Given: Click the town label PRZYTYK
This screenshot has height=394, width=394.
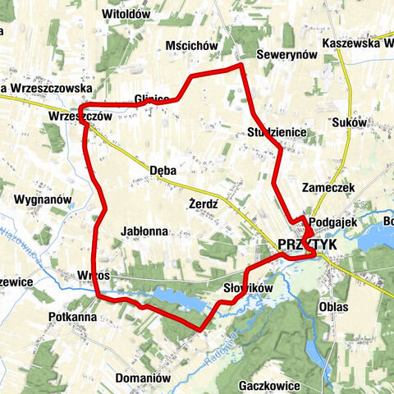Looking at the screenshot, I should click(308, 245).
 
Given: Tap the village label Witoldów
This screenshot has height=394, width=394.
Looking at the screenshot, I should click(125, 14).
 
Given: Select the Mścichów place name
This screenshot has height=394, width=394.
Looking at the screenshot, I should click(191, 46).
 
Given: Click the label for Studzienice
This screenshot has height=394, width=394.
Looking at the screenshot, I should click(277, 131).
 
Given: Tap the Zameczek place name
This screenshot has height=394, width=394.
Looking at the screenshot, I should click(328, 187).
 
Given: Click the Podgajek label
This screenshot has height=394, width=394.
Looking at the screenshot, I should click(336, 221).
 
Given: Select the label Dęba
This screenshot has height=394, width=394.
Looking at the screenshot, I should click(164, 170).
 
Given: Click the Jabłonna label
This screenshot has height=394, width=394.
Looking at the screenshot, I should click(144, 231).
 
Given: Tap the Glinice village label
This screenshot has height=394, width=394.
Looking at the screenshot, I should click(154, 99).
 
